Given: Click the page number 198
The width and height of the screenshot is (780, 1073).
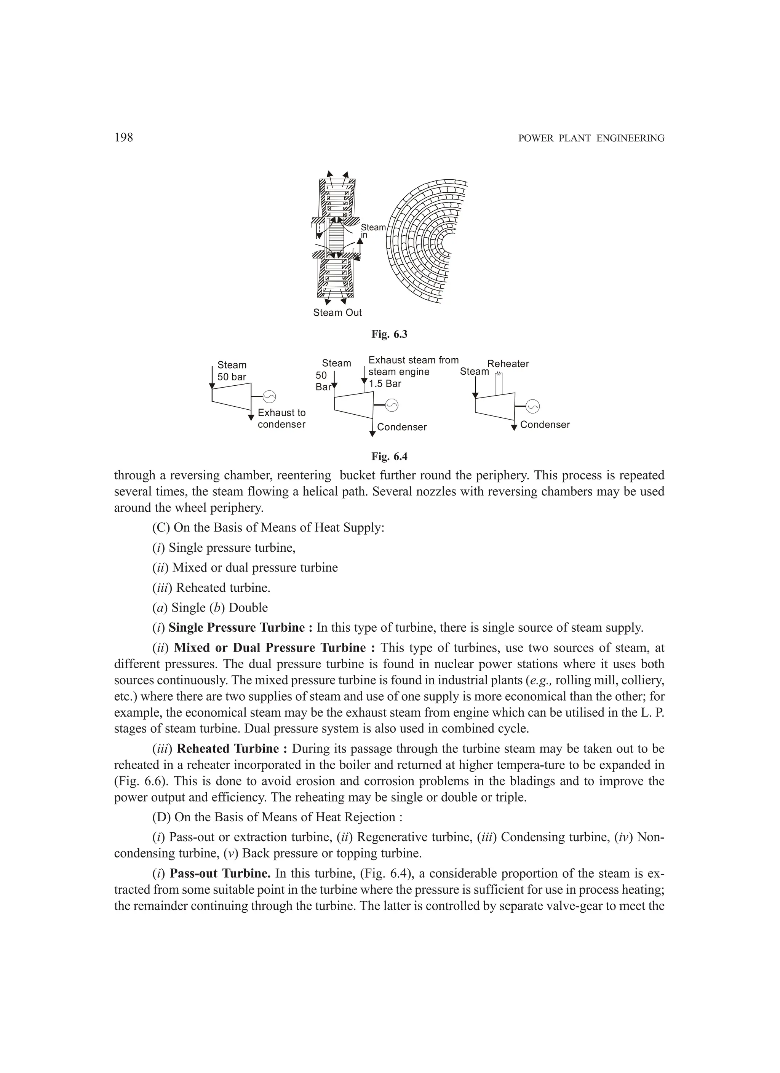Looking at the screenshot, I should click(123, 138).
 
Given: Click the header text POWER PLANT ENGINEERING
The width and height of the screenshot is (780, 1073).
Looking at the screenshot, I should click(591, 138).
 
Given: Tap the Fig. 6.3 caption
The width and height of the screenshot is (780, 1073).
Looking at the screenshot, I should click(389, 334).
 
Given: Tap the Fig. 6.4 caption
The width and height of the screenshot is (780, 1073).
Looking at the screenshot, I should click(389, 457).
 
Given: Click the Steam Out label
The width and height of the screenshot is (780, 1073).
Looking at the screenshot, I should click(337, 313).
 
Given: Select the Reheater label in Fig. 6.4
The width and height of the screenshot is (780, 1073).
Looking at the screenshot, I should click(508, 364).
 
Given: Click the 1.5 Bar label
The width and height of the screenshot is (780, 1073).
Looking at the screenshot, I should click(385, 384).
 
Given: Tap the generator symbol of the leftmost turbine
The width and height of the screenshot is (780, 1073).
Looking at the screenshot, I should click(269, 396).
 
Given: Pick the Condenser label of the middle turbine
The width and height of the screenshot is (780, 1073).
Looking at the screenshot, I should click(402, 427).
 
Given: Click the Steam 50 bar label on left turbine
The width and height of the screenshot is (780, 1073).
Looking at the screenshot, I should click(232, 371).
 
